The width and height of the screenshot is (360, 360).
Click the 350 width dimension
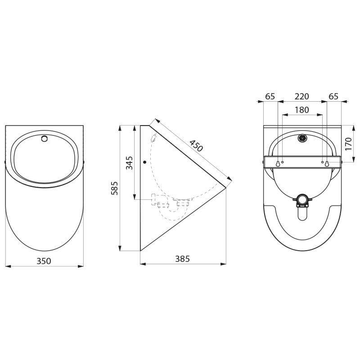(44, 261)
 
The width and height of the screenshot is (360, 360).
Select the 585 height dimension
(115, 188)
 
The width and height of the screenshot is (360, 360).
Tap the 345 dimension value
(129, 162)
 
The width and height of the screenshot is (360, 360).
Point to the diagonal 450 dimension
(196, 146)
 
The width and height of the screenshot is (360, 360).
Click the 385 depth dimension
(182, 259)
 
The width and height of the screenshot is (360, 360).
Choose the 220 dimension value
(302, 96)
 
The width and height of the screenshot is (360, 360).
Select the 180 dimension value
(302, 110)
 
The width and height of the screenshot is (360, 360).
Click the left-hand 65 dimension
(270, 96)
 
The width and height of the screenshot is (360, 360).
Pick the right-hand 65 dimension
(333, 96)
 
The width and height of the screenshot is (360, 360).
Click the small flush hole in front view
(44, 139)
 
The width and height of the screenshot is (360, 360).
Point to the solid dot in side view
(144, 162)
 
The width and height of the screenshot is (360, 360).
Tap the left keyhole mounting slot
(278, 163)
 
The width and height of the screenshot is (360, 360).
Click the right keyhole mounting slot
(327, 163)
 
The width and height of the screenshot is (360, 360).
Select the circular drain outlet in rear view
(302, 198)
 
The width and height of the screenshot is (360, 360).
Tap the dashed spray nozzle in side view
(153, 139)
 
